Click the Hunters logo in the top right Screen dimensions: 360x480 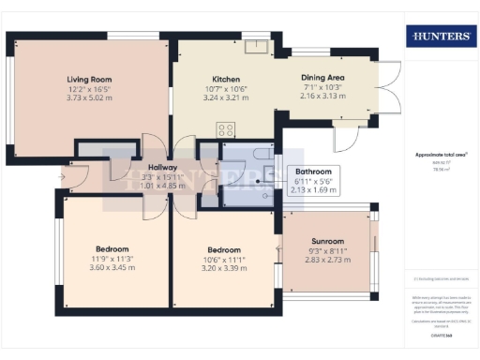tap(440, 37)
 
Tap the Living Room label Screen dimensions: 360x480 tap(89, 79)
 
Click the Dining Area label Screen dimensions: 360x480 tap(322, 78)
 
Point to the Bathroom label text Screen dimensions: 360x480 tap(314, 172)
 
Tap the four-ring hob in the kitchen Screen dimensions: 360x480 tap(226, 129)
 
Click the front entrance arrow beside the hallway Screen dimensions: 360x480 tap(64, 173)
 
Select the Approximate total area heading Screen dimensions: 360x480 tap(441, 155)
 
